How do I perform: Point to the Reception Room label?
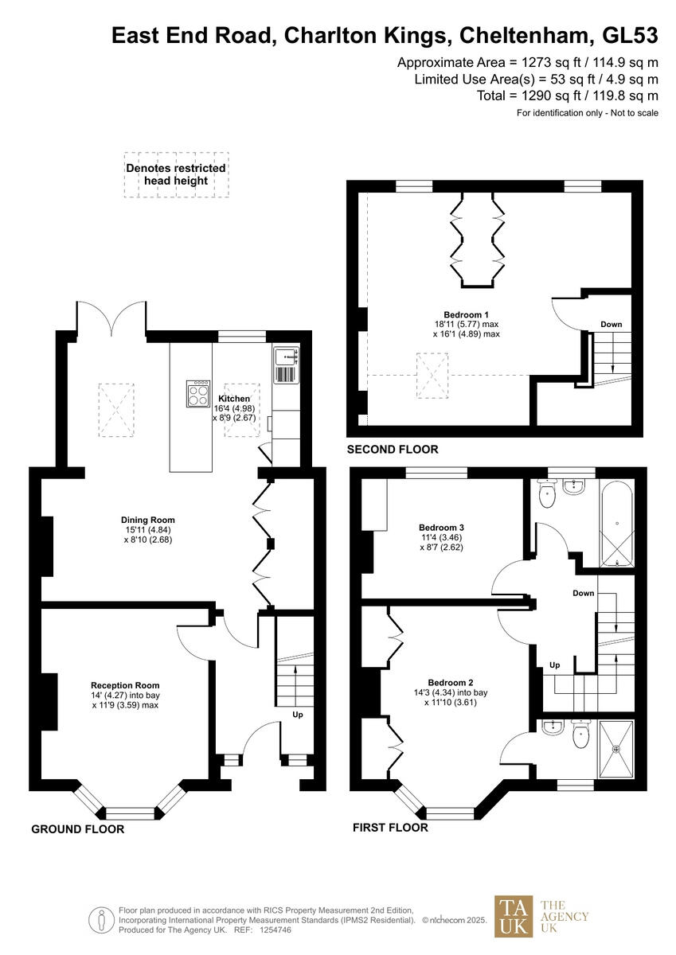tap(125, 685)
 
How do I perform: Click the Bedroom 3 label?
tap(441, 527)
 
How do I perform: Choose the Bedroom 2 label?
tap(451, 683)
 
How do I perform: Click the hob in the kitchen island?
tap(197, 393)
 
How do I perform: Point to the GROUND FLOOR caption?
tap(77, 829)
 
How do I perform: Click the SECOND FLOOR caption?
tap(392, 450)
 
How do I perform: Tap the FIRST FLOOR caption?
tap(390, 828)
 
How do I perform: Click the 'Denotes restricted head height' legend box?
tap(176, 174)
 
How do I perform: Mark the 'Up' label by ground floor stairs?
tap(298, 715)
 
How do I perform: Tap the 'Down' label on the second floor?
tap(612, 325)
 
